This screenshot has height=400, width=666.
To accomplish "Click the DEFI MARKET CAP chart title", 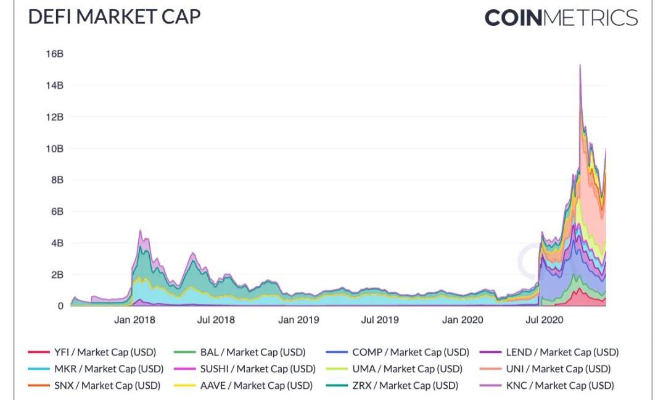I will point(115,17).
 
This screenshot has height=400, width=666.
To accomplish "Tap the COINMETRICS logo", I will point(561,17).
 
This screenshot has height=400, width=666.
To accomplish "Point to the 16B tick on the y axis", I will point(54,54).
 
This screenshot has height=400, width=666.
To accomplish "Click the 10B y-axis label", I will point(54,148).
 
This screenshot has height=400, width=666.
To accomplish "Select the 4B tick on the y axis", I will point(56,243).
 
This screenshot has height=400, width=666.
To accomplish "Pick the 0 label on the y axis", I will point(60,306).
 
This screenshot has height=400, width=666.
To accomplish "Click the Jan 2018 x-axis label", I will point(134,320).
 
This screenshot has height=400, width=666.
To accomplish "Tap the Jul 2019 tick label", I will point(379,320).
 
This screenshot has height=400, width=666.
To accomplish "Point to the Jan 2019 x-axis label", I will point(298,320).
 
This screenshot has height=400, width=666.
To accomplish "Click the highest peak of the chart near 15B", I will point(580,65).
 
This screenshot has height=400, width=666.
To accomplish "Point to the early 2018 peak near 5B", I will point(140,231).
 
